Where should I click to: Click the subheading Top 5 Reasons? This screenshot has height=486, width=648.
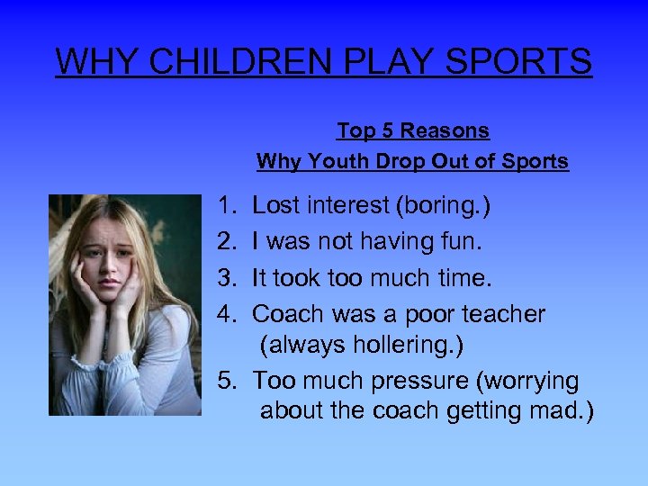413,130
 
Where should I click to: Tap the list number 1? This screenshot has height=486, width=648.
225,206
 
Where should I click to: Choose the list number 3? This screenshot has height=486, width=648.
225,278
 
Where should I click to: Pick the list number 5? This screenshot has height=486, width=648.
225,381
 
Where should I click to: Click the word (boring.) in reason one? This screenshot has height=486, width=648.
443,206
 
